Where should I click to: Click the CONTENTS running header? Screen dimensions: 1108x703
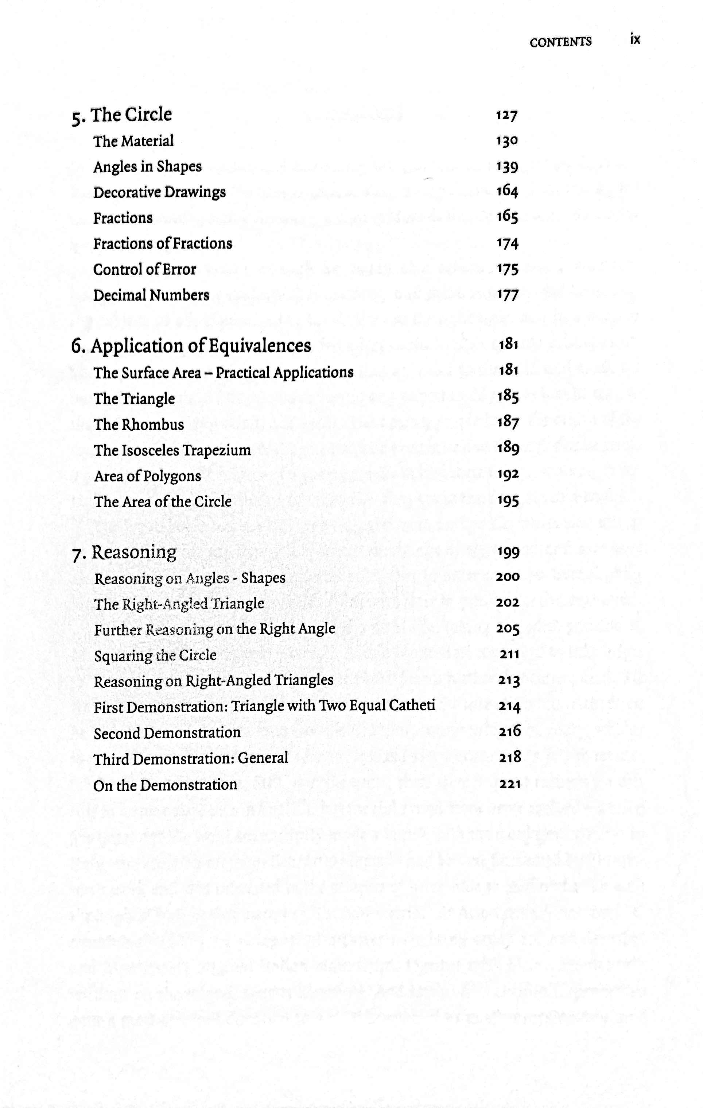[560, 42]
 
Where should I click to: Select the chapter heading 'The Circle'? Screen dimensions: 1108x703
[131, 115]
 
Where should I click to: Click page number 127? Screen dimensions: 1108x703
[507, 115]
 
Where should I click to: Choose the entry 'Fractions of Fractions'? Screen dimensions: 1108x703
[162, 244]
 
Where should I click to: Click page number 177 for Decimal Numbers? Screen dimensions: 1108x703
[507, 295]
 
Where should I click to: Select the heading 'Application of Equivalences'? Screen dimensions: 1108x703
[201, 346]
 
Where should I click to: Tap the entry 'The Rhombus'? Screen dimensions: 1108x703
[139, 425]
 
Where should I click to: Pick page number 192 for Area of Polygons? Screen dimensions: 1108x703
[508, 474]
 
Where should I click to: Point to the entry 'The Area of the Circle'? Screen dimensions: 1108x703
[162, 501]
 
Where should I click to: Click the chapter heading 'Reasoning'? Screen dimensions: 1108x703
[134, 552]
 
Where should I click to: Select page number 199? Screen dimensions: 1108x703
[508, 552]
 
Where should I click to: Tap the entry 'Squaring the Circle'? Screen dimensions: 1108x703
[155, 655]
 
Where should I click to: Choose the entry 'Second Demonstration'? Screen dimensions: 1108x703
[167, 733]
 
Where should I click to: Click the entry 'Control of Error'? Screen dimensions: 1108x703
[144, 270]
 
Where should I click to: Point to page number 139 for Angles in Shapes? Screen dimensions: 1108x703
[507, 167]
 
